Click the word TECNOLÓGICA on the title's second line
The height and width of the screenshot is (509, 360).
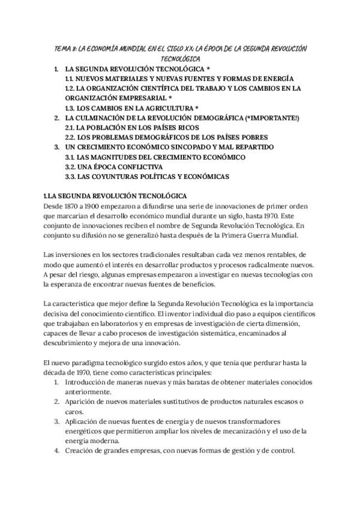(x=181, y=59)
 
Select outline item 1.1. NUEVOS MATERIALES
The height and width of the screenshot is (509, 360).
(x=179, y=79)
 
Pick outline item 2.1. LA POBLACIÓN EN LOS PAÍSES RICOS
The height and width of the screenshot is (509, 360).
(x=146, y=127)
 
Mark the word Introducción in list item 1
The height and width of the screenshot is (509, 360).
(x=88, y=382)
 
